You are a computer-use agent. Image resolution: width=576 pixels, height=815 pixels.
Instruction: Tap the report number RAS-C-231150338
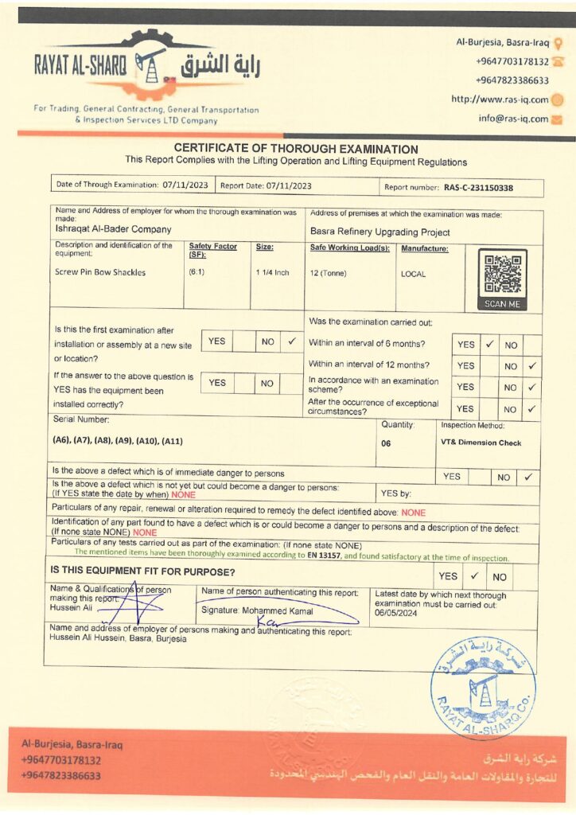click(x=478, y=188)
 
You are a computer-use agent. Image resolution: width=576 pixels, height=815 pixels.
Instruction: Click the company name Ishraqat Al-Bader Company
click(x=103, y=228)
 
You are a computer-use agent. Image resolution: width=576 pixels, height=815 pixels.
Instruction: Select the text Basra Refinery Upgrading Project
click(x=379, y=232)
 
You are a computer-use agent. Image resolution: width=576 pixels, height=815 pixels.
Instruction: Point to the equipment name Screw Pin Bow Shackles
click(x=100, y=272)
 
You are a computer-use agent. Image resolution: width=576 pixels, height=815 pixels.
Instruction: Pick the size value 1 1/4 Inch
click(x=272, y=272)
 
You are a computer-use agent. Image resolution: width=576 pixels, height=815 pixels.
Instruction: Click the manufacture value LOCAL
click(x=413, y=274)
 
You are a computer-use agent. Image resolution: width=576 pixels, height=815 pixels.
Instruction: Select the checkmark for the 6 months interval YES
click(x=490, y=345)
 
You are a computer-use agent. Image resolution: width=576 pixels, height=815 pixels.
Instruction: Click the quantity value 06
click(x=386, y=443)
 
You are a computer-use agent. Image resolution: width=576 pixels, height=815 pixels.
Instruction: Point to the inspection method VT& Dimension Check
click(x=480, y=443)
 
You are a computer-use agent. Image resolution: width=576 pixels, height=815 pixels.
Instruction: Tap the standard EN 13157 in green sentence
click(x=324, y=558)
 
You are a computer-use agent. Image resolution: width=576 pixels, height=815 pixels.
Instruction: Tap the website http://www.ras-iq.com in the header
click(x=500, y=99)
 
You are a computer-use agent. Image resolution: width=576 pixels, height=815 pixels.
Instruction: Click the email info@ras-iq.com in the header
click(x=513, y=119)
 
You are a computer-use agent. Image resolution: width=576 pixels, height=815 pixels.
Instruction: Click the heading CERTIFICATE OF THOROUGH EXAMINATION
click(x=296, y=149)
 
